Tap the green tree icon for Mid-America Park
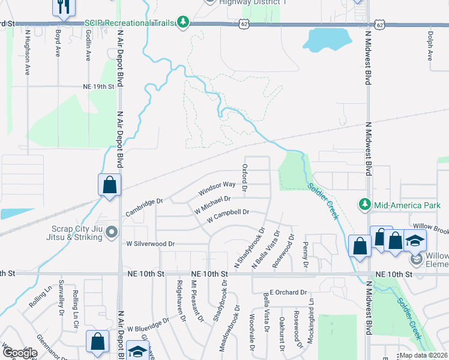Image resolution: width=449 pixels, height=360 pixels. click(x=364, y=205)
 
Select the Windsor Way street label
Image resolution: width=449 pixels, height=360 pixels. click(x=217, y=188)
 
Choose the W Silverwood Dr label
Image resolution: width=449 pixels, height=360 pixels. click(x=150, y=244)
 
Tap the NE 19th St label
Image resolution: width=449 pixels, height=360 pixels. click(x=98, y=86)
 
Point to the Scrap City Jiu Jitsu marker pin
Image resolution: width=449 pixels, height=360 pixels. click(x=110, y=235)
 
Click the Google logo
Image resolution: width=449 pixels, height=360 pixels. click(x=20, y=353)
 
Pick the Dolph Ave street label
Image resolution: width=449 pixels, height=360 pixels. click(x=430, y=46)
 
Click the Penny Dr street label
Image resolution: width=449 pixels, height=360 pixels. click(x=306, y=254)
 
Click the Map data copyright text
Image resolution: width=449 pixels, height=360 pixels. click(x=423, y=355)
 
